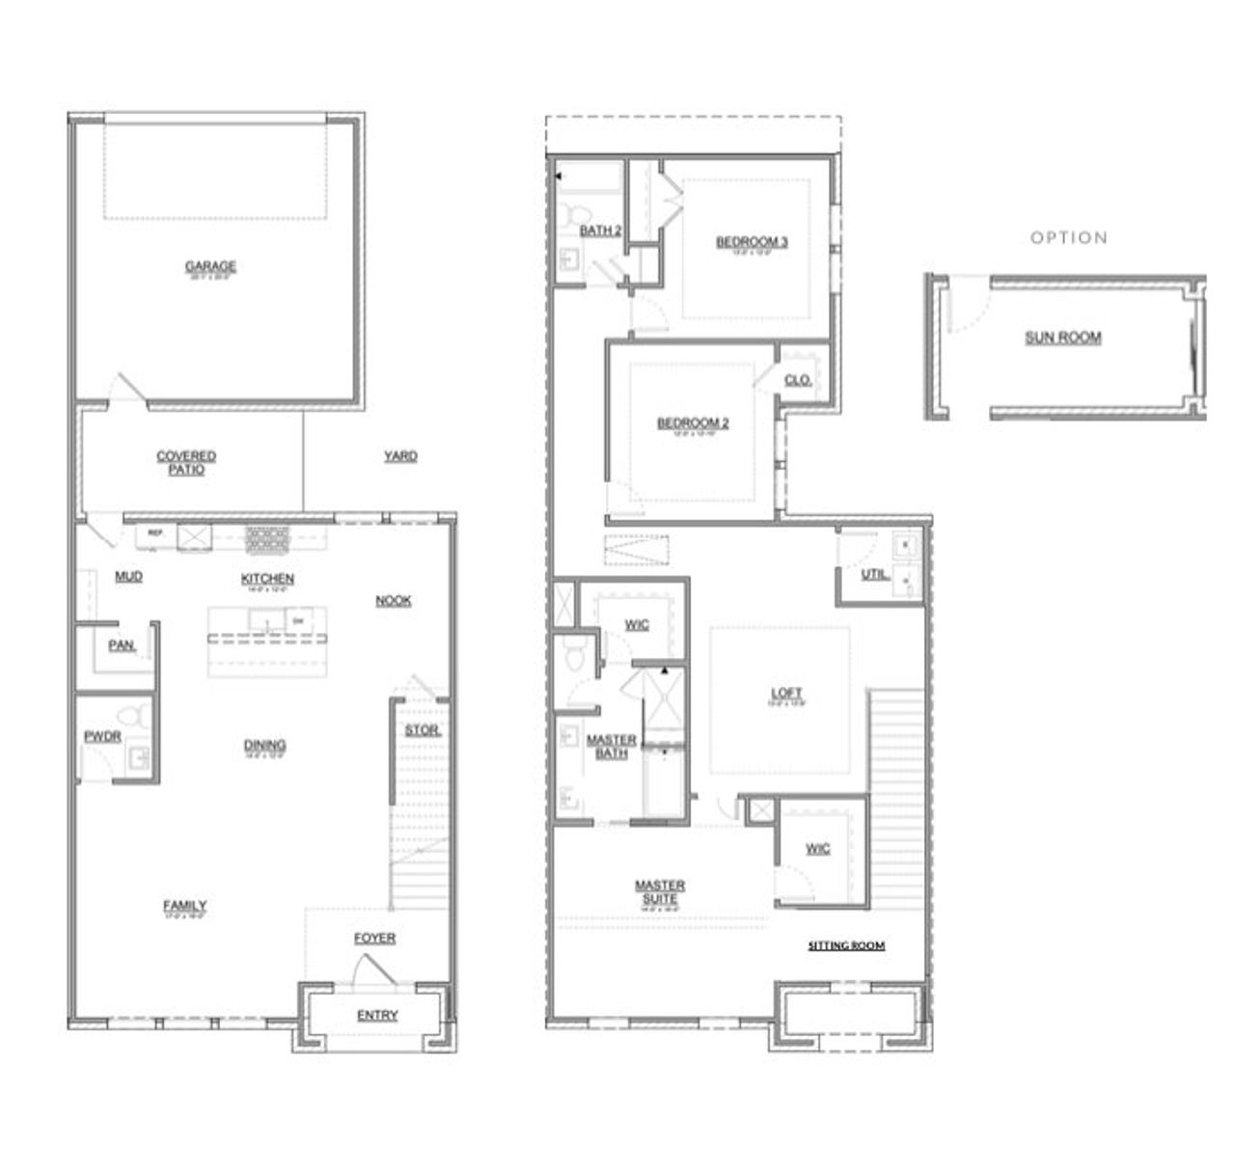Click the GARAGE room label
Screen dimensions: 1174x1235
tap(210, 266)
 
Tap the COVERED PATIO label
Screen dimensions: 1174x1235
tap(186, 462)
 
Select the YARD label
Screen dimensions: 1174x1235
tap(400, 455)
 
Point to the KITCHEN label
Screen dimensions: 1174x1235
tap(267, 578)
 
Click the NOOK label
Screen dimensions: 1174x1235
tap(394, 600)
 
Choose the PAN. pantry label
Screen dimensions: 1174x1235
tap(122, 645)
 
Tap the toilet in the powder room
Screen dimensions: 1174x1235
tap(132, 717)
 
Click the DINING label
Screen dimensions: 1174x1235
tap(264, 745)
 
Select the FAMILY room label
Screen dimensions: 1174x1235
tap(184, 905)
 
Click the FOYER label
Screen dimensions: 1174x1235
tap(374, 938)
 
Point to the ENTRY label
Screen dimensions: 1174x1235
tap(377, 1015)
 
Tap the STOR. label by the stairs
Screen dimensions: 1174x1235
tap(422, 730)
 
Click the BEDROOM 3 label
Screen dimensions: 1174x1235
tap(752, 241)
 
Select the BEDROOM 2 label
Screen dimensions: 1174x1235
tap(693, 423)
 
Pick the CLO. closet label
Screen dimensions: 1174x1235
tap(798, 380)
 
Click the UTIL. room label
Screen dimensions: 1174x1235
tap(875, 575)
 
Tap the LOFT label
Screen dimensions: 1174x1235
tap(786, 693)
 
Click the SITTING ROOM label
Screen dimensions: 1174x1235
tap(846, 945)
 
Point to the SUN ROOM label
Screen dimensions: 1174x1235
tap(1062, 338)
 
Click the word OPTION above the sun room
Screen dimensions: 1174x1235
tap(1069, 237)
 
